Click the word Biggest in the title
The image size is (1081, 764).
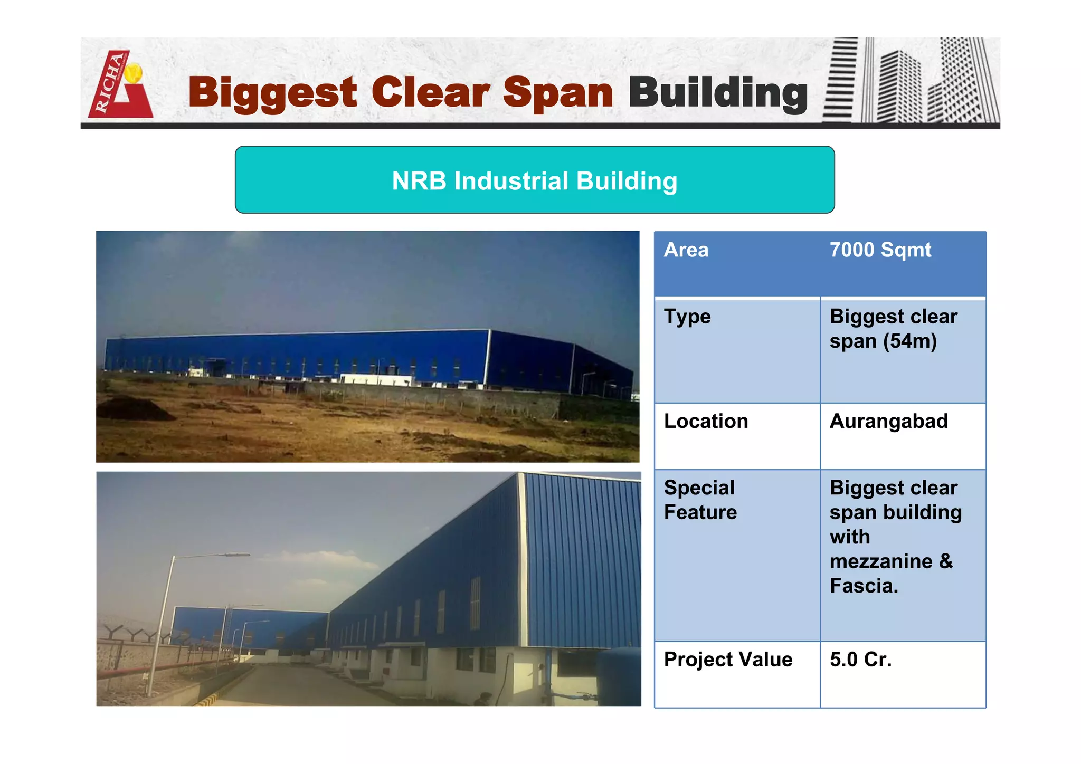(x=272, y=92)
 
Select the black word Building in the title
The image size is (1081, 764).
(x=718, y=92)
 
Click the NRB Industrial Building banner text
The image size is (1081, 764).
(x=534, y=180)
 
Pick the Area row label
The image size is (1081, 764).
(x=686, y=250)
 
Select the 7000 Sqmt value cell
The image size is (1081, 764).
(x=880, y=250)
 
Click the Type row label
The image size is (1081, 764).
(x=687, y=317)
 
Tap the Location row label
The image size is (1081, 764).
(x=706, y=421)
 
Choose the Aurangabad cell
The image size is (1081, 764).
(x=889, y=421)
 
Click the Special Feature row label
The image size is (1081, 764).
(x=700, y=500)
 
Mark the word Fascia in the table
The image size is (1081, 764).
(x=864, y=586)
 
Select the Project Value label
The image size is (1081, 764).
(x=728, y=660)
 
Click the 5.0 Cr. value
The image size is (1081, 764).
(x=860, y=660)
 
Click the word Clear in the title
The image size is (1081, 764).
(x=430, y=92)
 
